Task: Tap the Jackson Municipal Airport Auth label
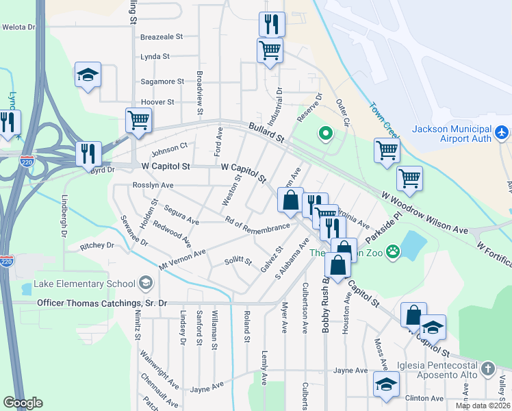(452, 134)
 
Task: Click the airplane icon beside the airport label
(502, 131)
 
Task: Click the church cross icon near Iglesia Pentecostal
(487, 369)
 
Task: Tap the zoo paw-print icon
(392, 252)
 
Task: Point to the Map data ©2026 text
(483, 406)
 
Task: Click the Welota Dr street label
(18, 27)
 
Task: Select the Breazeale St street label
(162, 37)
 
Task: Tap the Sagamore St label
(162, 82)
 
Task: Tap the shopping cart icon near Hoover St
(138, 121)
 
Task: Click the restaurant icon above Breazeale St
(272, 25)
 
